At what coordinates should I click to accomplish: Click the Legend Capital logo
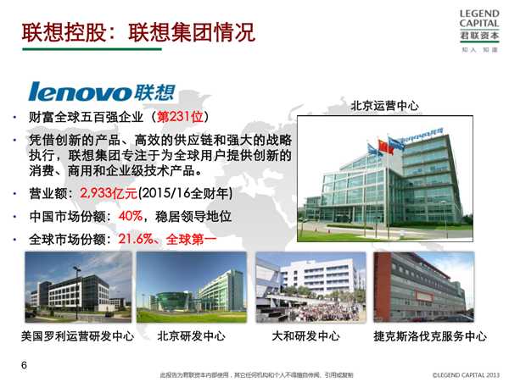point(479,30)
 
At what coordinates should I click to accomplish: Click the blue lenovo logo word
point(80,91)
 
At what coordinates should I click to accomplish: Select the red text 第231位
point(180,117)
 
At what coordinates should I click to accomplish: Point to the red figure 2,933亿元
point(109,193)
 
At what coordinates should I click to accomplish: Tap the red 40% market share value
point(131,216)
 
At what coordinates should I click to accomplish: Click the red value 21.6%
point(136,239)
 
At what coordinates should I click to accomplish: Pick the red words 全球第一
point(191,240)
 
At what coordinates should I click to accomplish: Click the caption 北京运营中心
point(384,106)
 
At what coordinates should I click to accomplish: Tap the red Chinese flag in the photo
point(385,147)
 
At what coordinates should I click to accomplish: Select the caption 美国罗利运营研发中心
point(77,336)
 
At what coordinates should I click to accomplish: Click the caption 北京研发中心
point(191,336)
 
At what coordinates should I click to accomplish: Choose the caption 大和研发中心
point(305,336)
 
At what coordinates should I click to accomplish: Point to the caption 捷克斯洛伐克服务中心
point(430,336)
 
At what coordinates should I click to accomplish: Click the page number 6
point(24,365)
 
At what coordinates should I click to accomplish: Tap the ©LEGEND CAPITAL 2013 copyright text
point(466,375)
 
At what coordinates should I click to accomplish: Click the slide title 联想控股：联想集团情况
point(138,32)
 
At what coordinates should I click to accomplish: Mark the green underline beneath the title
point(92,49)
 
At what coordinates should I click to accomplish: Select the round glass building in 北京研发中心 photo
point(172,301)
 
